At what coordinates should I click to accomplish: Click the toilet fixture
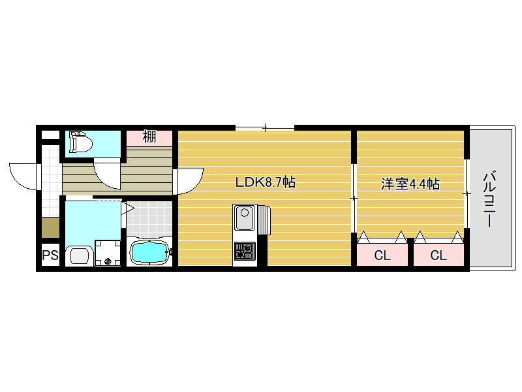(x=80, y=142)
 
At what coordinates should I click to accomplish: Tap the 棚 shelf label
(x=149, y=137)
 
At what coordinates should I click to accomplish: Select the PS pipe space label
(x=50, y=255)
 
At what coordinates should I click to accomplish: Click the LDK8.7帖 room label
(x=266, y=182)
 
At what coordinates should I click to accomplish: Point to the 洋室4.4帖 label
(x=410, y=184)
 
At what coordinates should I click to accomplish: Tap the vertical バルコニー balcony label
(x=489, y=199)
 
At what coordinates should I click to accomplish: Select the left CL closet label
(x=382, y=255)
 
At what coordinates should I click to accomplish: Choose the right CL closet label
(x=438, y=255)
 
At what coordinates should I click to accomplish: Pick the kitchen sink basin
(x=244, y=218)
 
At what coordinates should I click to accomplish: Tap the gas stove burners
(x=245, y=252)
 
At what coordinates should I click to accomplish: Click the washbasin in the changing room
(x=80, y=256)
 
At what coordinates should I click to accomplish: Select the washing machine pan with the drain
(x=108, y=253)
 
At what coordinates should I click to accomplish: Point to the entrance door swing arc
(x=23, y=176)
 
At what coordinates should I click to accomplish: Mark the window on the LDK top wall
(x=265, y=127)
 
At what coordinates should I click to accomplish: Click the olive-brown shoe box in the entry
(x=51, y=227)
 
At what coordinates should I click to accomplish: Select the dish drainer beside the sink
(x=265, y=220)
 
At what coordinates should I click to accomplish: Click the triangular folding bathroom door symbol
(x=127, y=209)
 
